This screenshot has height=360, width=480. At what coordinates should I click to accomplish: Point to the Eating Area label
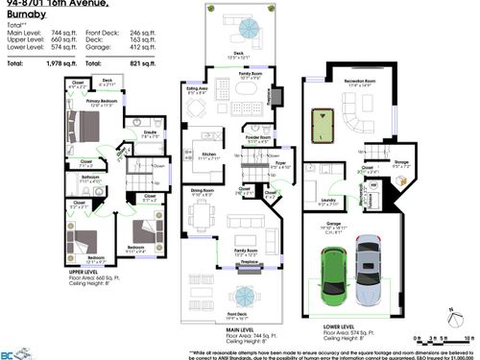(197, 91)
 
